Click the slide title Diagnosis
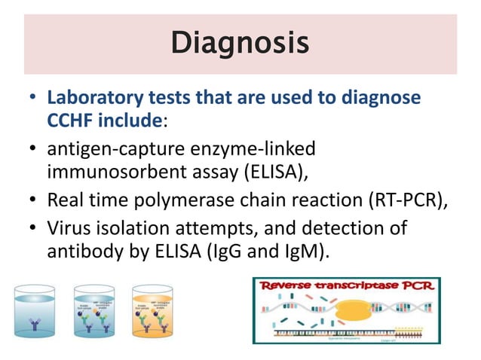(x=240, y=43)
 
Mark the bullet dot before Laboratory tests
(x=32, y=99)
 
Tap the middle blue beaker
(x=95, y=310)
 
